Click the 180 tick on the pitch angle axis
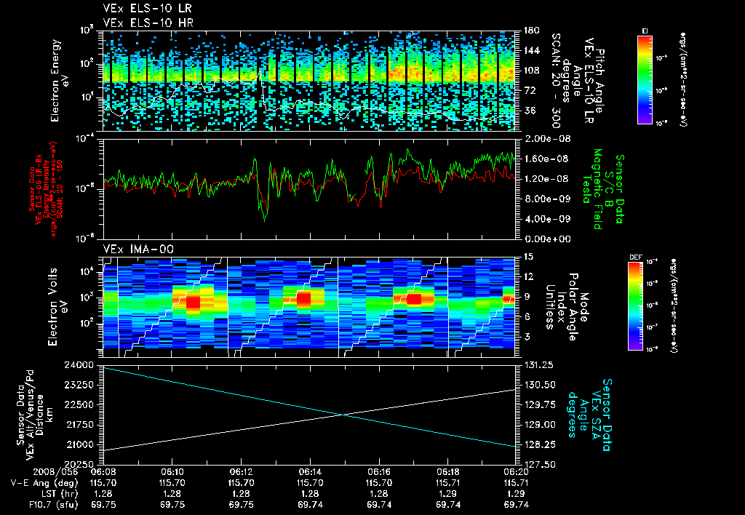pos(530,31)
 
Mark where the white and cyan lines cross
pos(342,415)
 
